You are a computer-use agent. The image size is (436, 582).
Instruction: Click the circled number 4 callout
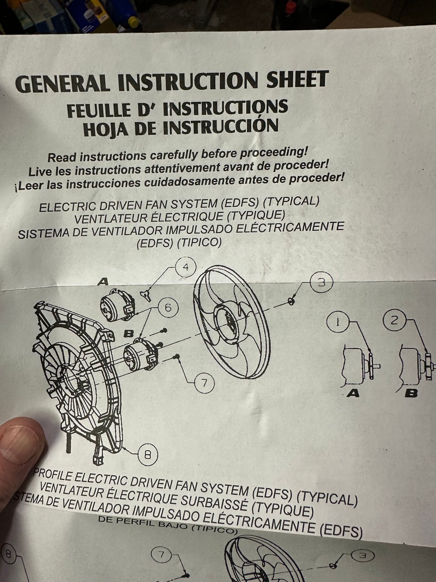point(186,267)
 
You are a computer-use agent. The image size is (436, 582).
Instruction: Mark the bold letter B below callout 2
point(411,393)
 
